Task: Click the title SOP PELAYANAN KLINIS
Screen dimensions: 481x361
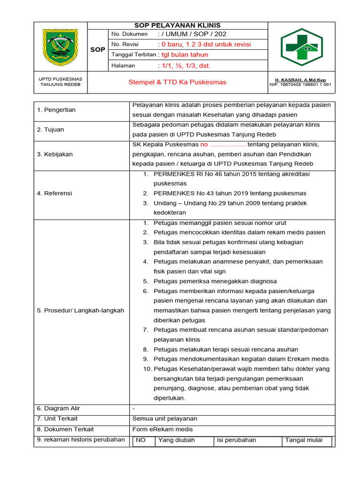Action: tap(178, 25)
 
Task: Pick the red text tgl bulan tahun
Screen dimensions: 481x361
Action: tap(185, 55)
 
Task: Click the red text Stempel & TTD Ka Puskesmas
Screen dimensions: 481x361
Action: tap(177, 82)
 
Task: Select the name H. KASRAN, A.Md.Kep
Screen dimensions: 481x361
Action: tap(301, 80)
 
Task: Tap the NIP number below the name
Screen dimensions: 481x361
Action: tap(301, 85)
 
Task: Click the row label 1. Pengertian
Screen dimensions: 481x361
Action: tap(56, 110)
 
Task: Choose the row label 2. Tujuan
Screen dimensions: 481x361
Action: tap(50, 130)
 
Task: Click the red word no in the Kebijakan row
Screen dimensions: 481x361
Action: tap(204, 144)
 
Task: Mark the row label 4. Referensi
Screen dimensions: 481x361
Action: tap(55, 193)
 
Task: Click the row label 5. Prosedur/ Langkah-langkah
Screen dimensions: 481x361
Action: tap(80, 310)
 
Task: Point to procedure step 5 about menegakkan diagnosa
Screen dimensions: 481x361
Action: tap(215, 281)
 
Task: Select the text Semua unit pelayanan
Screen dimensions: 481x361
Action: tap(165, 419)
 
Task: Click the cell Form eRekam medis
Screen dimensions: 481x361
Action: tap(163, 429)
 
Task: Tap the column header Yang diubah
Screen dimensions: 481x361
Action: tap(176, 441)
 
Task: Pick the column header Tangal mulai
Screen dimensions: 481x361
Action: tap(304, 441)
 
